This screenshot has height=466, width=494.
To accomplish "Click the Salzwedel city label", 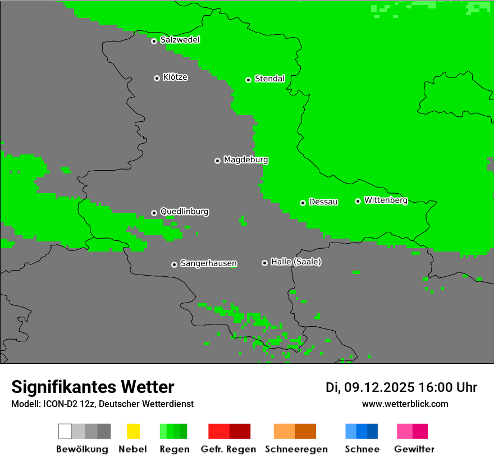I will (180, 40).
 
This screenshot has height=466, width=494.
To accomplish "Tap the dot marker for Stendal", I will (248, 80).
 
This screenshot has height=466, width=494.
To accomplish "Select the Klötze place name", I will (175, 77).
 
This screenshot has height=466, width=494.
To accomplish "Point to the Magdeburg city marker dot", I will (217, 161).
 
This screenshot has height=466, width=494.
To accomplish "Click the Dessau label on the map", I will (323, 202).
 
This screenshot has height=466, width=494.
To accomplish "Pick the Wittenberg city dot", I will (358, 201).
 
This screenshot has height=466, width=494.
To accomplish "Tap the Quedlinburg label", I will (184, 212).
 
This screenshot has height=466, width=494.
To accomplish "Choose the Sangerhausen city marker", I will (174, 264).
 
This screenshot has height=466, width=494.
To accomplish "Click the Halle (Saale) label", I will (296, 262).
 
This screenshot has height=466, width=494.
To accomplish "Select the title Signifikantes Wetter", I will (93, 387).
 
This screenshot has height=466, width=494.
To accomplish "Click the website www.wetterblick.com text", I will (405, 404).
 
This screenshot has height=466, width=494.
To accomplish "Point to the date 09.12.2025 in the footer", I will (379, 387).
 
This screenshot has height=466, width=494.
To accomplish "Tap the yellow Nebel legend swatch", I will (133, 431).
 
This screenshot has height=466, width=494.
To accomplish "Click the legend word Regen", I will (174, 449).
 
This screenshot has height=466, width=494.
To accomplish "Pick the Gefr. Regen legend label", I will (228, 449).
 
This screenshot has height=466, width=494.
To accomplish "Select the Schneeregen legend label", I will (296, 449).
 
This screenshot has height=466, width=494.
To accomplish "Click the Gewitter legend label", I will (414, 449).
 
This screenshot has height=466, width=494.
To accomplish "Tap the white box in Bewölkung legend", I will (65, 431).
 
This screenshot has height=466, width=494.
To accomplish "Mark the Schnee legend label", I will (362, 449).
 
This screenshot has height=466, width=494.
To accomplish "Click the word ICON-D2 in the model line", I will (59, 404).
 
